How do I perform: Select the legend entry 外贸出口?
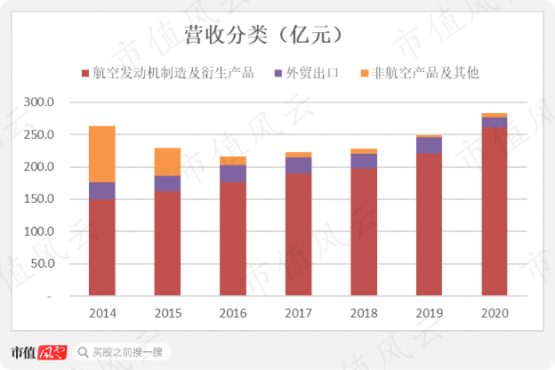[x=307, y=72]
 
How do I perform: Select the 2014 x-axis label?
[x=102, y=314]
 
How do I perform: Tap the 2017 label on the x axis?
[x=298, y=314]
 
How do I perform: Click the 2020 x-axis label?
[x=494, y=314]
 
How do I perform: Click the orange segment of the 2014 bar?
[x=102, y=154]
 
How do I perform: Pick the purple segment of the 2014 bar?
[x=102, y=190]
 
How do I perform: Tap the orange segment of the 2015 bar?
[x=167, y=162]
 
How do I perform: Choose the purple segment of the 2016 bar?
[x=233, y=173]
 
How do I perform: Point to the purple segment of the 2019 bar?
[x=429, y=146]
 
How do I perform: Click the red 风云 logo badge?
[x=52, y=351]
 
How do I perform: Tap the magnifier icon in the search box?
[x=83, y=352]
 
